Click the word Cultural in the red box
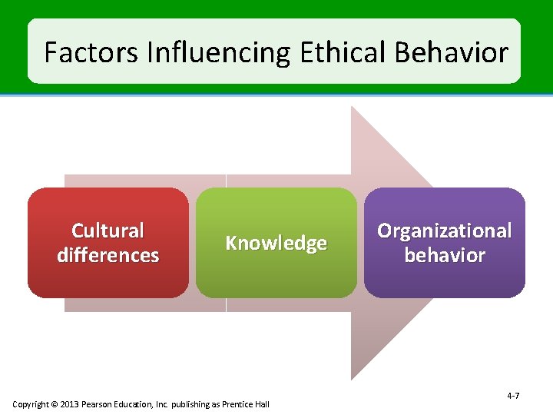pyautogui.click(x=108, y=231)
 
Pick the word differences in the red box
pyautogui.click(x=108, y=255)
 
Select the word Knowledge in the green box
pyautogui.click(x=276, y=243)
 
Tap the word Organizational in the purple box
pyautogui.click(x=444, y=231)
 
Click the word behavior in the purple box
pyautogui.click(x=444, y=255)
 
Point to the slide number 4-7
pyautogui.click(x=513, y=396)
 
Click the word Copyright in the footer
pyautogui.click(x=30, y=404)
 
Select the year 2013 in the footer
pyautogui.click(x=67, y=404)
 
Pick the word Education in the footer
pyautogui.click(x=134, y=404)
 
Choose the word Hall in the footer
pyautogui.click(x=263, y=404)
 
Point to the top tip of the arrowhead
pyautogui.click(x=352, y=107)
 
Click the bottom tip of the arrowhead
pyautogui.click(x=352, y=379)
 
